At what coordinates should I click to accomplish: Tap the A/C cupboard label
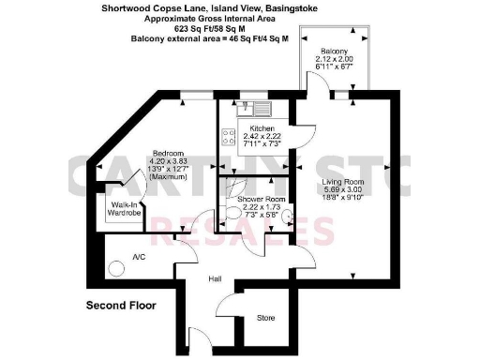pos(139,256)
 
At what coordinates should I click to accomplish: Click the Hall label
pos(215,279)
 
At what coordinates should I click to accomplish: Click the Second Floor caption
pos(120,306)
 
